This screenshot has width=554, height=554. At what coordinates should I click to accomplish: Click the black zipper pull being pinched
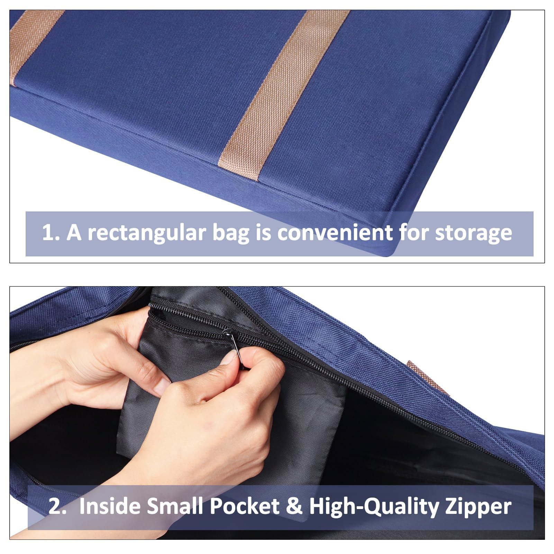[233, 344]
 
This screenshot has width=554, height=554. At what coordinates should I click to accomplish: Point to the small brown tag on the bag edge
[428, 378]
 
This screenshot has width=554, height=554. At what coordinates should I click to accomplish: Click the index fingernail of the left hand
[162, 387]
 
